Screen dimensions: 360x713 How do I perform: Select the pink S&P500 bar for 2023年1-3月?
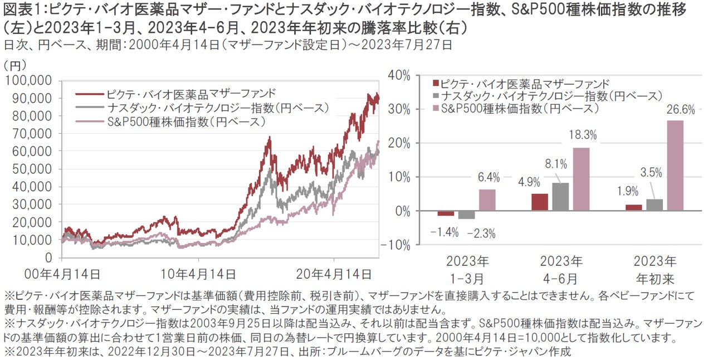click(x=487, y=200)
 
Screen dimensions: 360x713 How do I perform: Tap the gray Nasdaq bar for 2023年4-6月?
click(x=560, y=197)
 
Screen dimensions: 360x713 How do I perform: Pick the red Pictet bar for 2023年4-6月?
click(x=540, y=202)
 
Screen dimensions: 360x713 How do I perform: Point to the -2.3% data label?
click(x=481, y=233)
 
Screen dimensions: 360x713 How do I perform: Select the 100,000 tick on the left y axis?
click(x=30, y=81)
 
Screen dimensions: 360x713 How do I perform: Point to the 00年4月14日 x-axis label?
click(x=62, y=274)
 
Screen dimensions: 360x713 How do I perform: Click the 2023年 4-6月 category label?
click(x=561, y=269)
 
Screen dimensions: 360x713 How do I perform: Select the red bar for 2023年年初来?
click(x=633, y=207)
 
